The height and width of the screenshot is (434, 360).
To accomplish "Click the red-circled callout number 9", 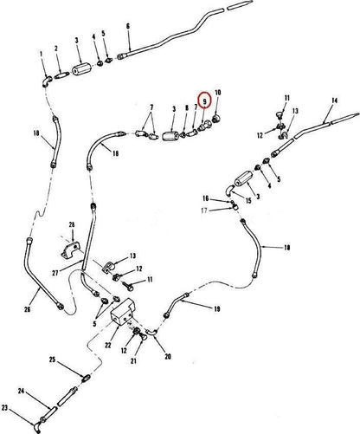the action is pos(205,101).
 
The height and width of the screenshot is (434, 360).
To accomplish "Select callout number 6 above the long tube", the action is pos(128,26).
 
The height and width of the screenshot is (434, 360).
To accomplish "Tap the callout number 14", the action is pos(334,100).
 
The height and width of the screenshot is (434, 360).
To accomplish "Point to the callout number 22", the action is pos(108,345).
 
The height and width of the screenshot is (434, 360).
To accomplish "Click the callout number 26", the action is pos(28,309).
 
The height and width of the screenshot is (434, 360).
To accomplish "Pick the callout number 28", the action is pos(72,224).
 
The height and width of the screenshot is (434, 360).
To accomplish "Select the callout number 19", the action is pos(217,309).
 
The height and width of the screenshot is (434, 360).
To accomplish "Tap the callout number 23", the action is pos(5,408).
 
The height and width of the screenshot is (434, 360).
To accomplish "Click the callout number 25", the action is pos(52,360).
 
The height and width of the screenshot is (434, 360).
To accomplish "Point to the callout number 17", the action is pos(204,211).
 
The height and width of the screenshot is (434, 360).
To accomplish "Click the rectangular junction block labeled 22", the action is pos(123,313).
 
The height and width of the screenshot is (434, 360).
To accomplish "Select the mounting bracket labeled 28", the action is pos(71,250).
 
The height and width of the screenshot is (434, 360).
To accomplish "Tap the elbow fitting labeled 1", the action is pos(47,81).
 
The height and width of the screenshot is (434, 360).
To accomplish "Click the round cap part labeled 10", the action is pos(216,118).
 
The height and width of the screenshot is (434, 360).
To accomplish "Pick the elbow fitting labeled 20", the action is pos(151,332).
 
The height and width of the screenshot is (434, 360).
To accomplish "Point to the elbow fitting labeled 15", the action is pos(230,190).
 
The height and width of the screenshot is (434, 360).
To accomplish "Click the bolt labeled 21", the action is pos(141,338).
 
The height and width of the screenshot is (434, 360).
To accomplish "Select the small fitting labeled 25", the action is pos(87,378).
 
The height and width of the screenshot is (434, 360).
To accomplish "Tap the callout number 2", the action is pos(56,49).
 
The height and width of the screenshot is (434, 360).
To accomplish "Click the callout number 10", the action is pos(218,93).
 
